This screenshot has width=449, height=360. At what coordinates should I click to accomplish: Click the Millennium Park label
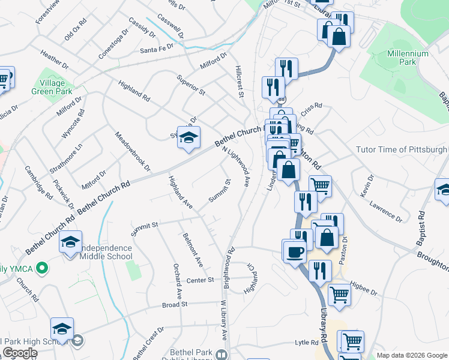408,58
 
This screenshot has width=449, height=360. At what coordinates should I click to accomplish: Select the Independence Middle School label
96,252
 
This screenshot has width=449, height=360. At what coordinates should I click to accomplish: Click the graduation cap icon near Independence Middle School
70,242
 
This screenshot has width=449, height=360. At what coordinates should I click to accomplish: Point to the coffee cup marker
294,251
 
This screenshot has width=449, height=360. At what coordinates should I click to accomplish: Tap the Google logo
20,353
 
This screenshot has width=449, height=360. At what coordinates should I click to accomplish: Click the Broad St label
175,304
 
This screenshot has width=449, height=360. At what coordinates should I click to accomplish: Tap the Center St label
200,280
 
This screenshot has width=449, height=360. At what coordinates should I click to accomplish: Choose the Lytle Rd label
306,342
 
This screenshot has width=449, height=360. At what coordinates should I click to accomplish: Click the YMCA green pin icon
41,268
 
